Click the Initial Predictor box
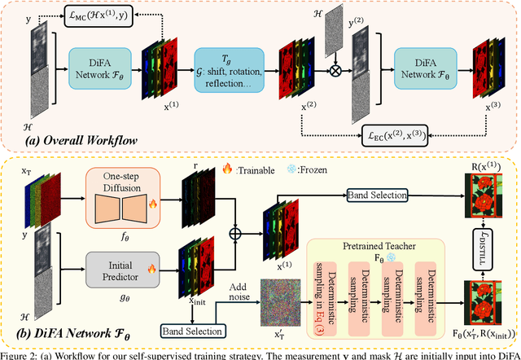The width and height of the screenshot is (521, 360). [x=124, y=270]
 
